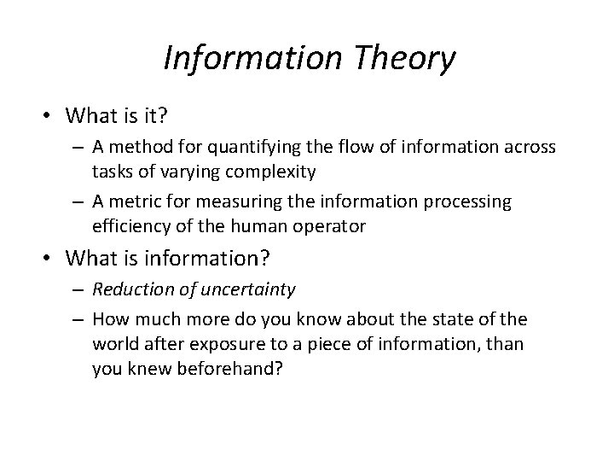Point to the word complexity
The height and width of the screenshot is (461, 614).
pos(273,172)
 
